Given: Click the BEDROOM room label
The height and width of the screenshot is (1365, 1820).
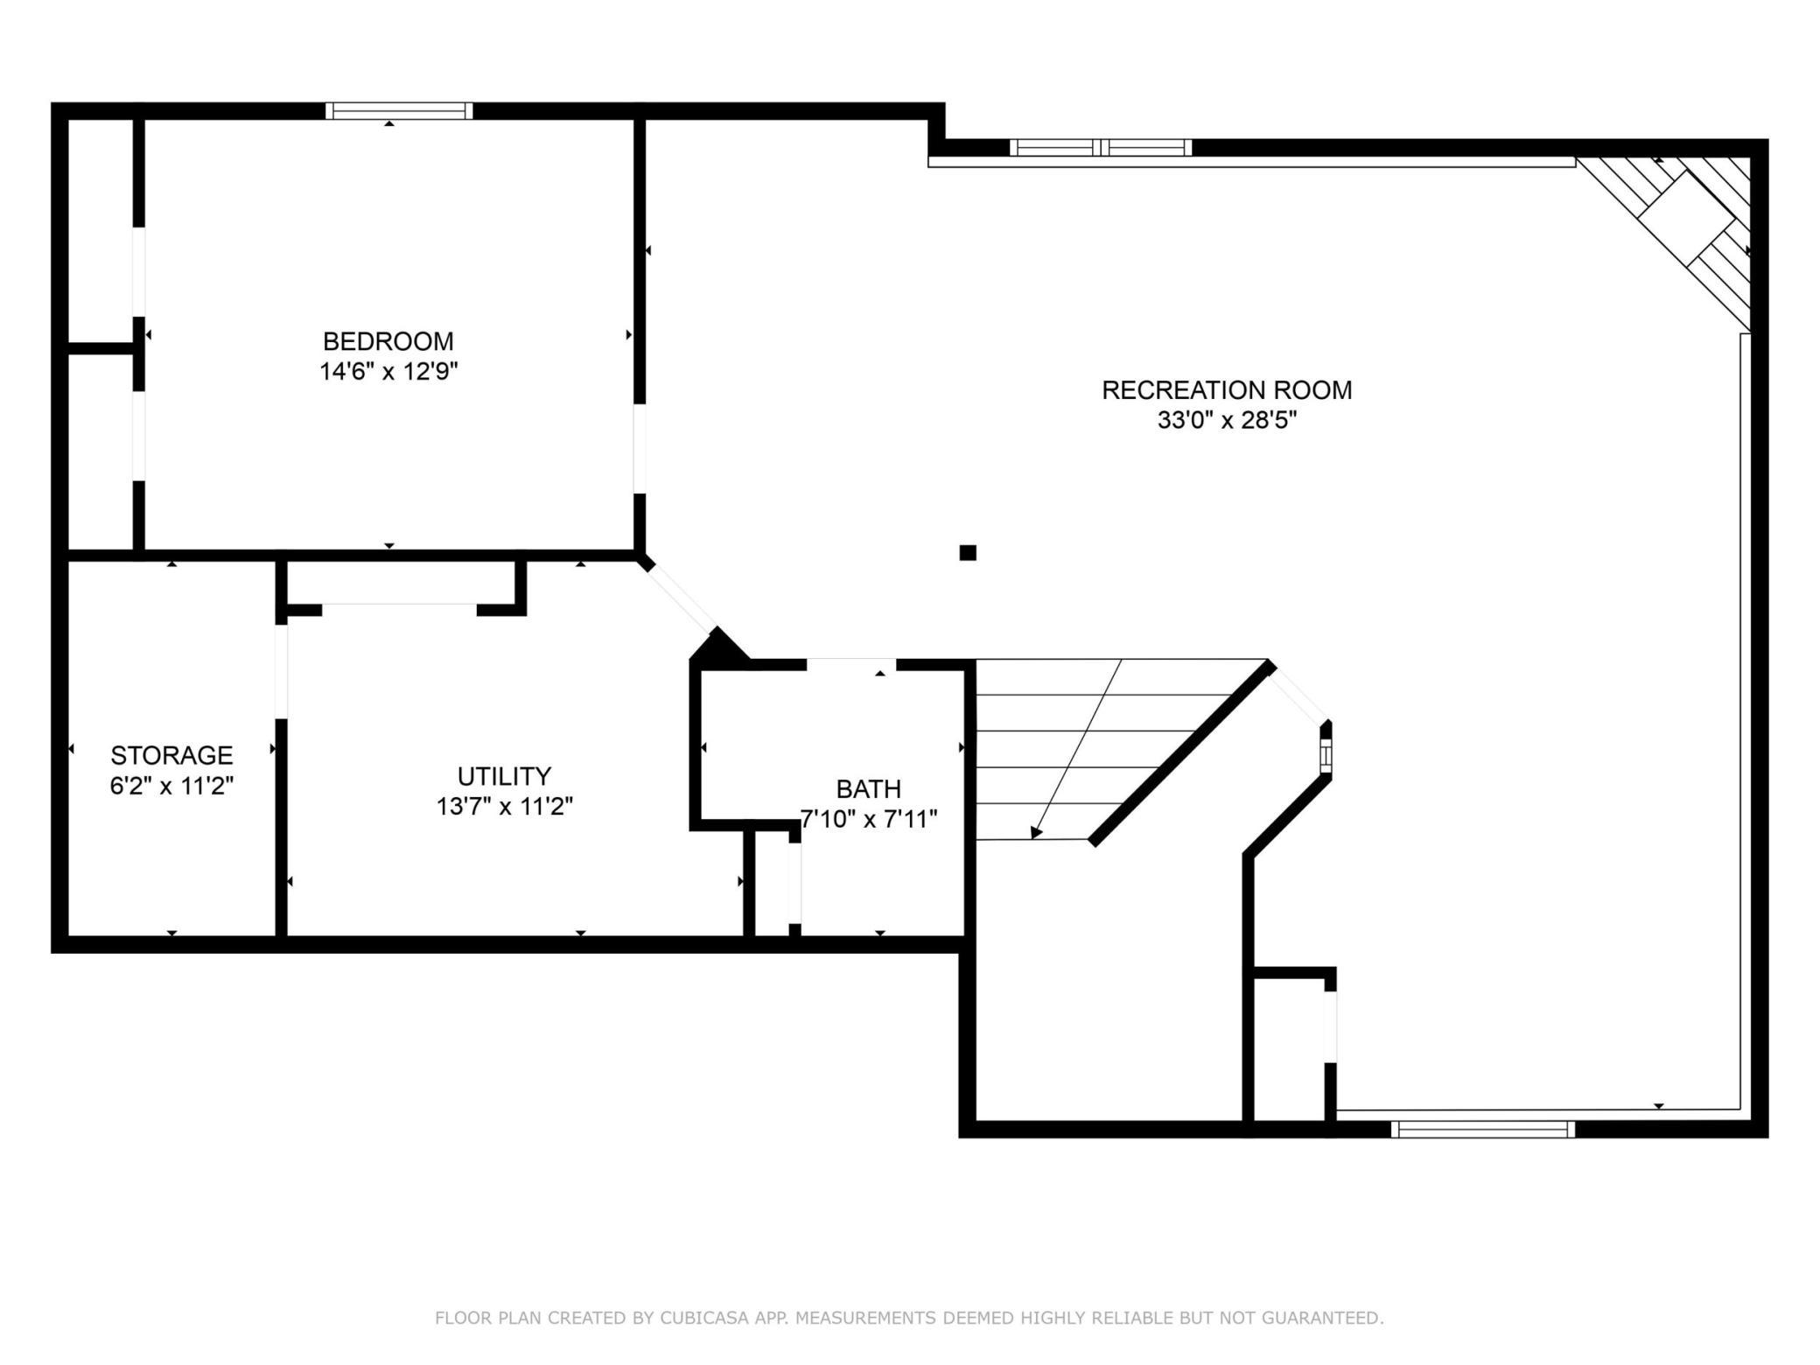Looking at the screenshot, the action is (388, 340).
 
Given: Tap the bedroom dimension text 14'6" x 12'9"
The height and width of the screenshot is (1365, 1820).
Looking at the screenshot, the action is (388, 372).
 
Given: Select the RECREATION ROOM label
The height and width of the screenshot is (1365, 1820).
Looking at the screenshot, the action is (1227, 390).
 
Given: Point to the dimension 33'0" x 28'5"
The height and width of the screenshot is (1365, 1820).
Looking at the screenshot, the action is (1227, 421).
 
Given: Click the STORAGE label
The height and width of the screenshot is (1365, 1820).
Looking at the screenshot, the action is (171, 755).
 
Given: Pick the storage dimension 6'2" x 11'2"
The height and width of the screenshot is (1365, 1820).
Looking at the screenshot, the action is (171, 786).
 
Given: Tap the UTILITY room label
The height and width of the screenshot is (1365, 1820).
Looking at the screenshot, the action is (504, 776).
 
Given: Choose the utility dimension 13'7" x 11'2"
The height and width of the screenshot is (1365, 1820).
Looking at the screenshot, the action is (505, 806).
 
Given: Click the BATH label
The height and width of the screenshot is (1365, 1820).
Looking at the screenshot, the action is (869, 789).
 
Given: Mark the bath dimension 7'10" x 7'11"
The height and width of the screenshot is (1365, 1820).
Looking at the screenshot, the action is (869, 820).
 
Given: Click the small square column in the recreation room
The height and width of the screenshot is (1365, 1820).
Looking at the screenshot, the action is (968, 552).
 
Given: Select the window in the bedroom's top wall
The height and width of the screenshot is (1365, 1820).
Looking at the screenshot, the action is (399, 111).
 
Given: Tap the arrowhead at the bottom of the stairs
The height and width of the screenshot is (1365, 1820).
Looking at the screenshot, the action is (1036, 832).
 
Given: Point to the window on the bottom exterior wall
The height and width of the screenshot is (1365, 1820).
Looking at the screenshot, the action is (1483, 1130).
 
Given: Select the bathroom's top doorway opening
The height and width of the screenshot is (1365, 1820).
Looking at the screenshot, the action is (851, 664).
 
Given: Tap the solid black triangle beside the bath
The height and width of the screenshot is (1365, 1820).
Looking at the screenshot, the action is (717, 646).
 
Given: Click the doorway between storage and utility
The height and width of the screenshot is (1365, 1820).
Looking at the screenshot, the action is (281, 671).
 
